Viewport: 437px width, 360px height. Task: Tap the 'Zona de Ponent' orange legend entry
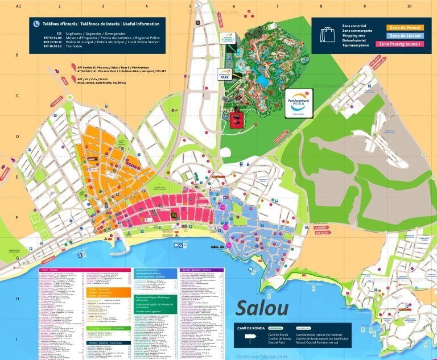(x=402, y=27)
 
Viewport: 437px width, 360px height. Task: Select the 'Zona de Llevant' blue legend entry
(x=402, y=35)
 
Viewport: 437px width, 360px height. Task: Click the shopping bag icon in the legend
(x=327, y=35)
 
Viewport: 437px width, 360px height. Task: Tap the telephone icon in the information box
(x=36, y=24)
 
